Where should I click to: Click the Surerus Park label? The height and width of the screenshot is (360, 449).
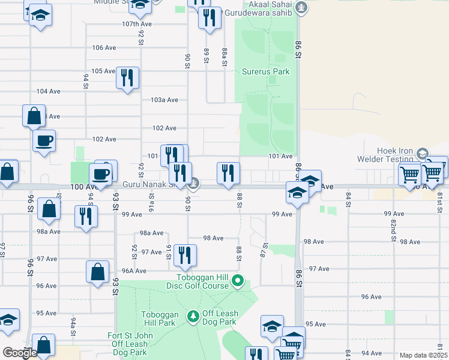265,71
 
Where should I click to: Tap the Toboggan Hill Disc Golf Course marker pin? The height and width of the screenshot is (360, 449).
238,280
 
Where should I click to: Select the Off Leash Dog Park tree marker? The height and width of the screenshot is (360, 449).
193,316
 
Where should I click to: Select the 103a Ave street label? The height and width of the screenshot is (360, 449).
164,100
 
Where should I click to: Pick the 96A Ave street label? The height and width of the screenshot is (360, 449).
134,271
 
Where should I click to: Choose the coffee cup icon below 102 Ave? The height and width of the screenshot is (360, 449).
44,141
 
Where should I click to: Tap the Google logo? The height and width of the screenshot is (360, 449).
20,353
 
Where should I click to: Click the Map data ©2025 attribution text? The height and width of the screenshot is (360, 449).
423,355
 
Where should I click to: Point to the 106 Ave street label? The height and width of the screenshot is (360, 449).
104,47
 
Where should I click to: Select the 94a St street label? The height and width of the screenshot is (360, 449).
73,326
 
